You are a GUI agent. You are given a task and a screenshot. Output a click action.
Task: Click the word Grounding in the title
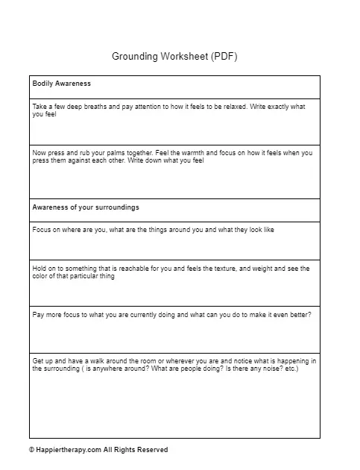point(137,56)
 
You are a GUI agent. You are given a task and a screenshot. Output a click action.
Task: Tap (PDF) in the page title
point(224,56)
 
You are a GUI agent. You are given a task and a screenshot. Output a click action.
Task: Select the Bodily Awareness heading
point(62,84)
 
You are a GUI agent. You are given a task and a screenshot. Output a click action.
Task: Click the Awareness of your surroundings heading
point(86,207)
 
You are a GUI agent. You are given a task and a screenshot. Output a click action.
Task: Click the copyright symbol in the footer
point(32,450)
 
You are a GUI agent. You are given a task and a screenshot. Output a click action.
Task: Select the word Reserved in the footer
point(152,450)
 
